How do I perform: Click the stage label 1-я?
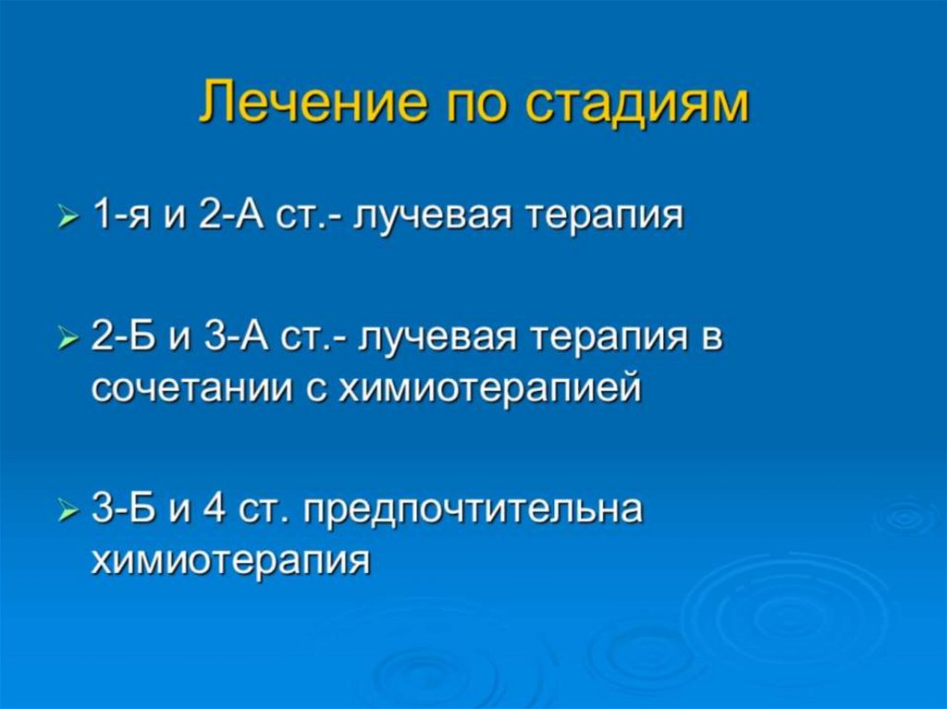[124, 217]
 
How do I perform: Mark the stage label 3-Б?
[124, 510]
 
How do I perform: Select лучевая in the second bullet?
[439, 340]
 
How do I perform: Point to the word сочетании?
[195, 389]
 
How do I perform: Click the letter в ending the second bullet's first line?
[712, 340]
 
